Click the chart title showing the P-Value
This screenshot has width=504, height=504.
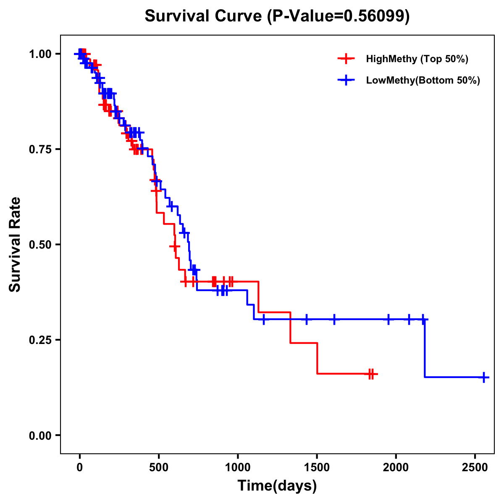(277, 16)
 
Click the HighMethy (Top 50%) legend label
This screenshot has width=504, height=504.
(417, 59)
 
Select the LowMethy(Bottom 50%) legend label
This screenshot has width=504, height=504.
(423, 81)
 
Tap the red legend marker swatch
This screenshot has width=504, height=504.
(346, 59)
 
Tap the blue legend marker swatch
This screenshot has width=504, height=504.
(346, 81)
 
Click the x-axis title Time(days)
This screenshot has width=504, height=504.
(277, 486)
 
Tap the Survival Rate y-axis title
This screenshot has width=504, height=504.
(15, 244)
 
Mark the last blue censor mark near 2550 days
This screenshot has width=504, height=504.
(483, 377)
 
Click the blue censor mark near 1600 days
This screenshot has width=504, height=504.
(334, 319)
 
